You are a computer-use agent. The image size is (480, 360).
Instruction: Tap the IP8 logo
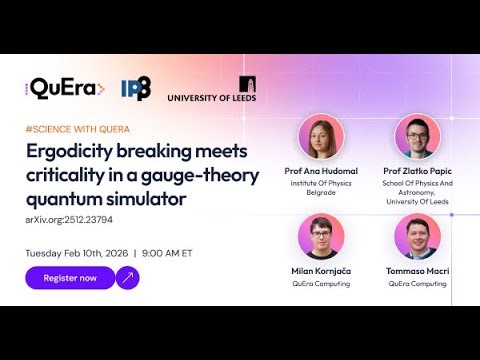[135, 89]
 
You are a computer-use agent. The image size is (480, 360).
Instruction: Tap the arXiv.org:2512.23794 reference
[69, 220]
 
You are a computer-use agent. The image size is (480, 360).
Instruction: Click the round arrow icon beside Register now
[128, 278]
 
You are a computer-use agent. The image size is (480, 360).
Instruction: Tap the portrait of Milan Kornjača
[320, 237]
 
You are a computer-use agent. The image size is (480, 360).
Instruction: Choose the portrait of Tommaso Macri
[417, 237]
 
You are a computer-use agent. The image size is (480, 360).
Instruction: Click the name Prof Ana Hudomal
[320, 171]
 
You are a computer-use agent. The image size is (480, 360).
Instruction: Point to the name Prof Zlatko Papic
[417, 171]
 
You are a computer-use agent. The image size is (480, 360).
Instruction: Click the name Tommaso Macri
[417, 271]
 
